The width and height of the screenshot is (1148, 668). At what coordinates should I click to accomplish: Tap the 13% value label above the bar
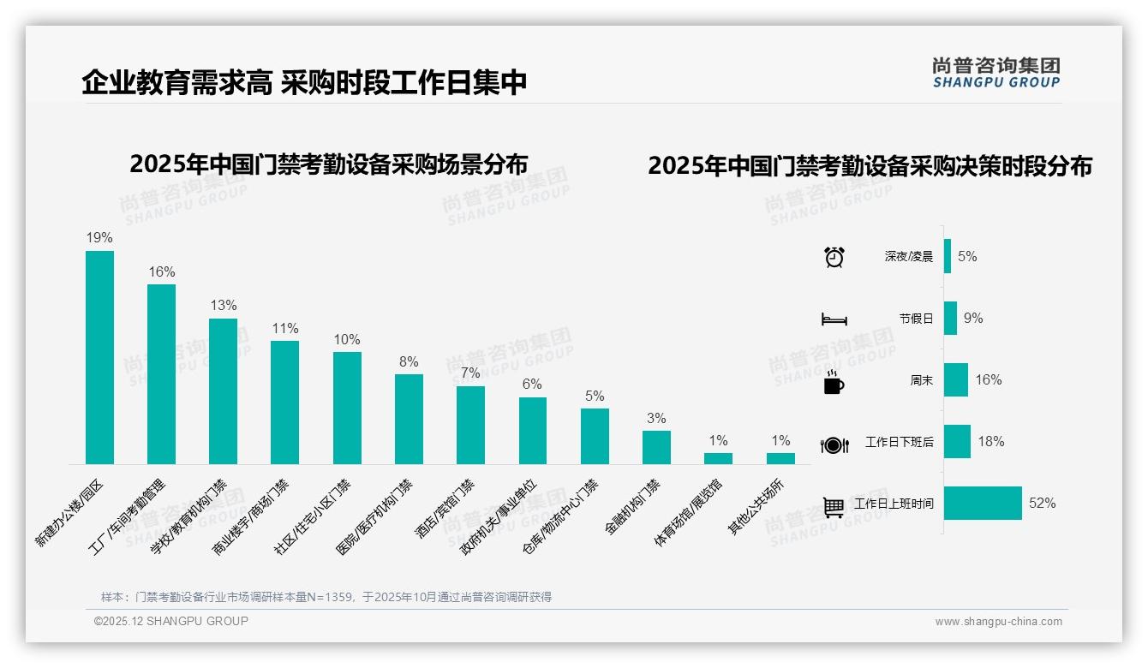(223, 306)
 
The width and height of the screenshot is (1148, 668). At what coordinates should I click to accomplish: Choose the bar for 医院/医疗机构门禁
(409, 419)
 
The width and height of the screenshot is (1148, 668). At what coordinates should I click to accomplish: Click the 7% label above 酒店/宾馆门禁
(470, 373)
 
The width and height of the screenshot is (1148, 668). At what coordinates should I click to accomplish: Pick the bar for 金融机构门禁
(656, 447)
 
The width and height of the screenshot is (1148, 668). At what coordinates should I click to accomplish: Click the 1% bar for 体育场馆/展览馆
(718, 458)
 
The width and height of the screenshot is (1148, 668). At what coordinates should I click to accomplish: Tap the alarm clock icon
(834, 257)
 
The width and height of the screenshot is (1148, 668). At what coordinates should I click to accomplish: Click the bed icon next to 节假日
(834, 319)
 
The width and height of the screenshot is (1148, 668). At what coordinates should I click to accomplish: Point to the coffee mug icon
(834, 382)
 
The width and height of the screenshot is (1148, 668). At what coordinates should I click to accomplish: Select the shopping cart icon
(834, 507)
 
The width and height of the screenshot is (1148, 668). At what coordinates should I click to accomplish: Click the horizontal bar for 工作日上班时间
(983, 504)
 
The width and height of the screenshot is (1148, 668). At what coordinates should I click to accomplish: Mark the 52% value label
(1042, 504)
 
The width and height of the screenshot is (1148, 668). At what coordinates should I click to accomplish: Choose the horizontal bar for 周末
(955, 380)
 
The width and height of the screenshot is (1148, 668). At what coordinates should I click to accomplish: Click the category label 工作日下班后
(899, 443)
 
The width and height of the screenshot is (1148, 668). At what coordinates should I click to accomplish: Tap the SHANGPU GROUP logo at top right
(996, 73)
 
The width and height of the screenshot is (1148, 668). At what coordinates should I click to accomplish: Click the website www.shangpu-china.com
(998, 622)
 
